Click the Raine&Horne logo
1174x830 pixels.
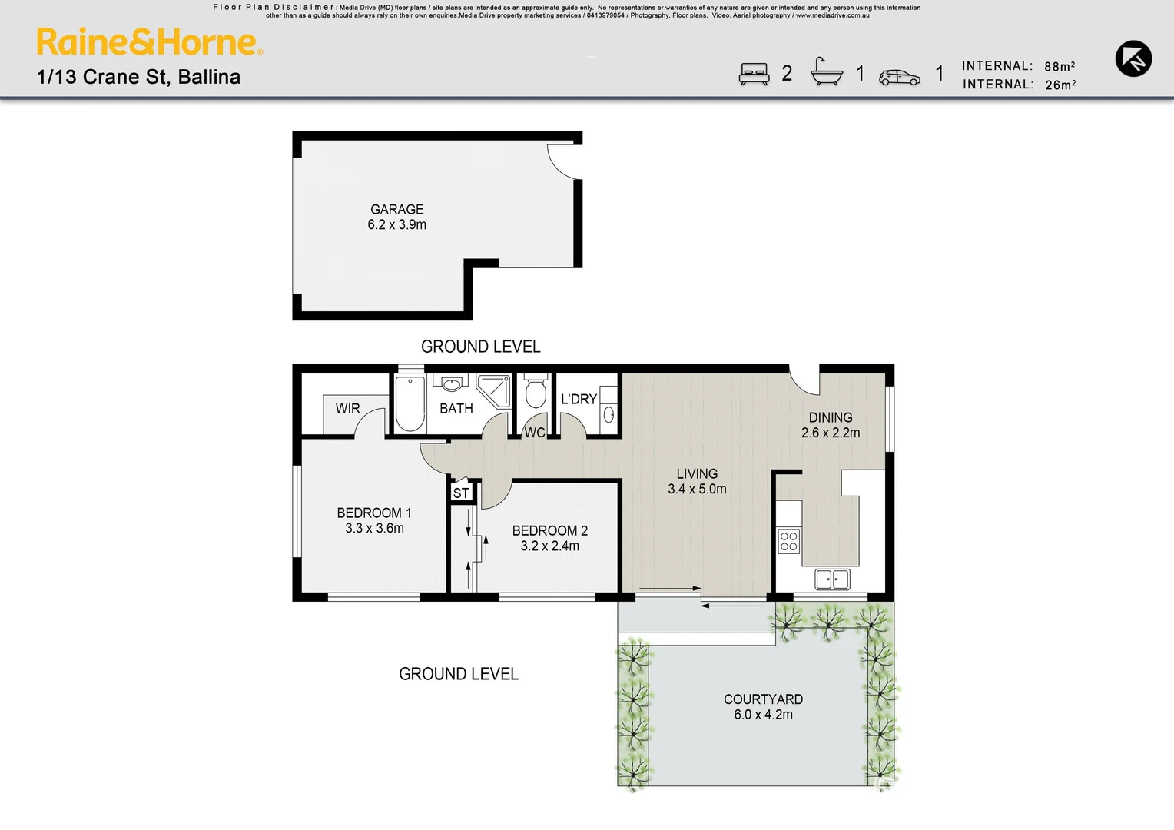coord(149,42)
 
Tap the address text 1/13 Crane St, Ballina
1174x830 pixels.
coord(138,77)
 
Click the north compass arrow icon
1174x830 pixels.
coord(1133,58)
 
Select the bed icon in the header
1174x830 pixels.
coord(754,74)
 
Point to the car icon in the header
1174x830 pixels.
coord(899,78)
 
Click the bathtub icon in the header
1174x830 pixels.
coord(827,72)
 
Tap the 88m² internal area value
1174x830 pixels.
coord(1060,67)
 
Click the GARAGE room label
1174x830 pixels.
coord(396,210)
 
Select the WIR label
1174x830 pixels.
coord(347,409)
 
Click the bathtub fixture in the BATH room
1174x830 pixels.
coord(410,404)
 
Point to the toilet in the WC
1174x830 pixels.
coord(536,392)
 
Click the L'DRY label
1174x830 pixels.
coord(579,400)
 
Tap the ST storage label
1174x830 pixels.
coord(461,493)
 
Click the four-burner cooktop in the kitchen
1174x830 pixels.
coord(788,541)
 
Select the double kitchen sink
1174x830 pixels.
coord(832,579)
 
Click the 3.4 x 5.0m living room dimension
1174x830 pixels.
coord(697,490)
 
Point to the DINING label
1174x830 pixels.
coord(831,418)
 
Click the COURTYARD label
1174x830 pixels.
coord(763,699)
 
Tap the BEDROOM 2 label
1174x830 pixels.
coord(549,531)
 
